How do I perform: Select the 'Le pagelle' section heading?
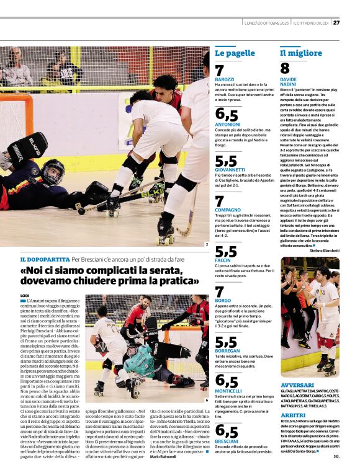(x=235, y=53)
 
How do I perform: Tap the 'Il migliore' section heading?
(x=301, y=53)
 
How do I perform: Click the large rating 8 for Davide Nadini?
(x=285, y=69)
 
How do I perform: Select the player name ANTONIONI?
(x=228, y=124)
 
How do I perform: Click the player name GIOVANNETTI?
(x=231, y=169)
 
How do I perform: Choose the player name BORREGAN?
(x=228, y=350)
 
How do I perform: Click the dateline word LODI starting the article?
(x=25, y=295)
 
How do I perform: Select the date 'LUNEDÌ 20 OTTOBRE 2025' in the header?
(x=268, y=23)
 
